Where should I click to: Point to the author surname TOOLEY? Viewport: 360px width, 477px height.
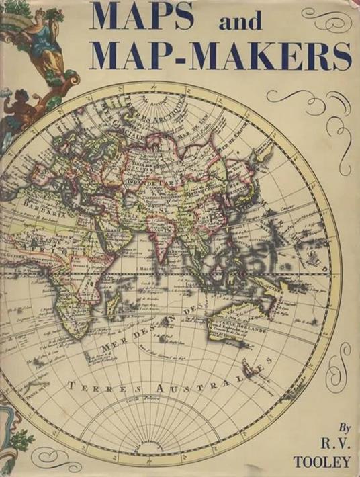[x=327, y=461]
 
